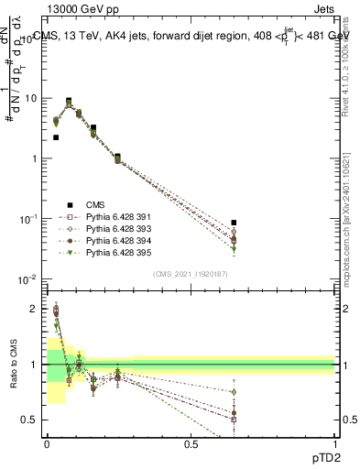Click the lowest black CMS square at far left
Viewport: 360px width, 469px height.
(56, 137)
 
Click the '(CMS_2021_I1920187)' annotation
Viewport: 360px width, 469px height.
(190, 274)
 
